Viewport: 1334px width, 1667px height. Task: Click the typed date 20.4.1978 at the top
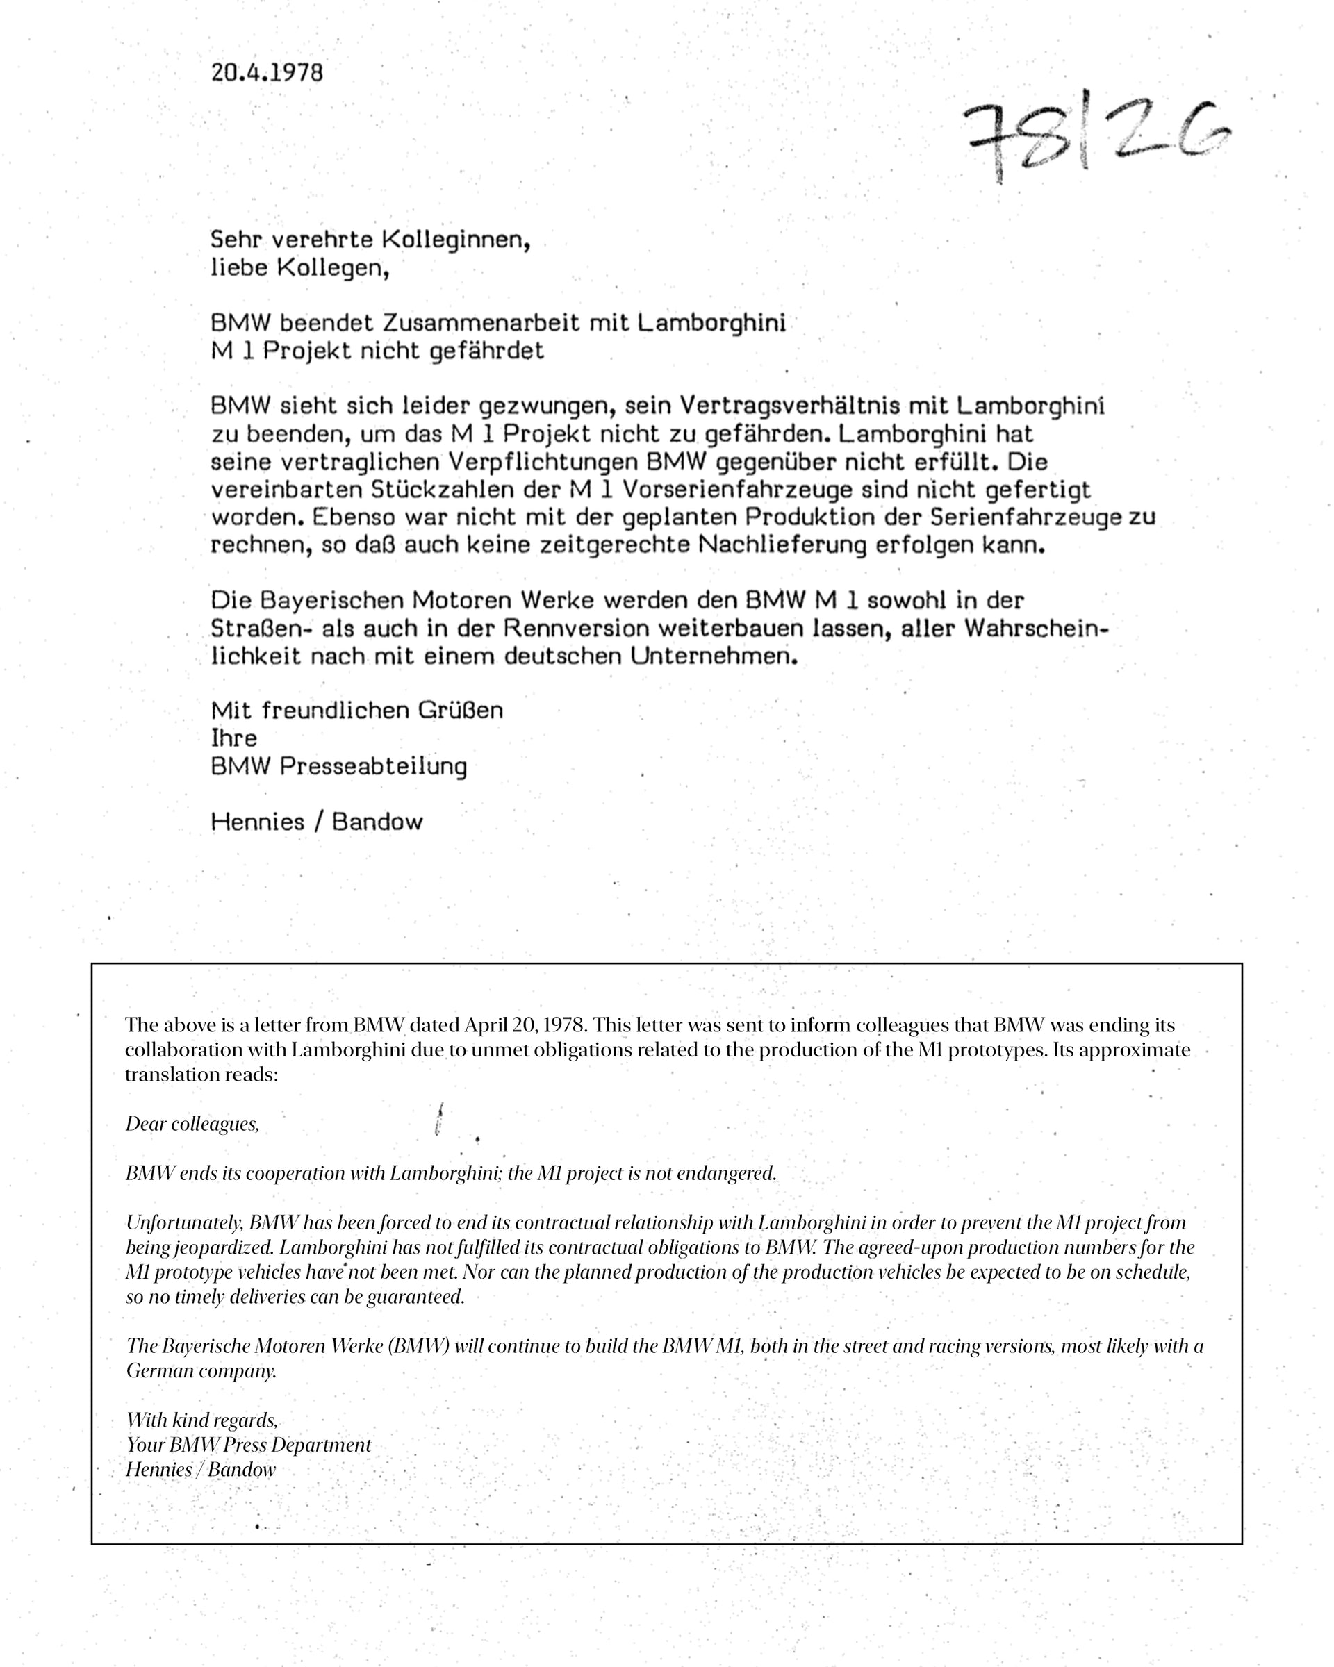pos(267,73)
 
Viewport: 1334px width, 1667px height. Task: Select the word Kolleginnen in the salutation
pos(456,240)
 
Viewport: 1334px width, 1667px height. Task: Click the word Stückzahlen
pos(443,490)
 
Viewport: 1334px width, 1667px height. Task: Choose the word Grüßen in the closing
pos(461,710)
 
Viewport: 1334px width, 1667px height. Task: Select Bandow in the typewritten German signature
pos(377,821)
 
